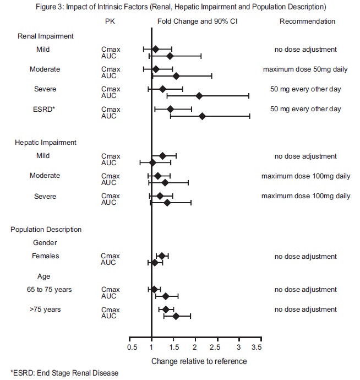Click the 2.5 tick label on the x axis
(x=216, y=348)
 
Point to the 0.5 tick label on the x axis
(x=132, y=348)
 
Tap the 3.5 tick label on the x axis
(x=257, y=348)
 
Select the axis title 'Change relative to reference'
(x=199, y=361)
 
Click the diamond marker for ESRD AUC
(x=202, y=116)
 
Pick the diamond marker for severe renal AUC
(x=199, y=96)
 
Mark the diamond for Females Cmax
(x=162, y=256)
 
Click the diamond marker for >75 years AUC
(x=176, y=316)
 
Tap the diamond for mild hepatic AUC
(x=152, y=162)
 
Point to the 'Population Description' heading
(x=46, y=229)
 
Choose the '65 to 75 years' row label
(x=51, y=289)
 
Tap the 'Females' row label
(x=45, y=256)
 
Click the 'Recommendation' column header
(x=307, y=21)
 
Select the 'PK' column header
(x=110, y=21)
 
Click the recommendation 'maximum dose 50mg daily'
(x=306, y=69)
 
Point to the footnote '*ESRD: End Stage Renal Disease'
(x=64, y=373)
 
